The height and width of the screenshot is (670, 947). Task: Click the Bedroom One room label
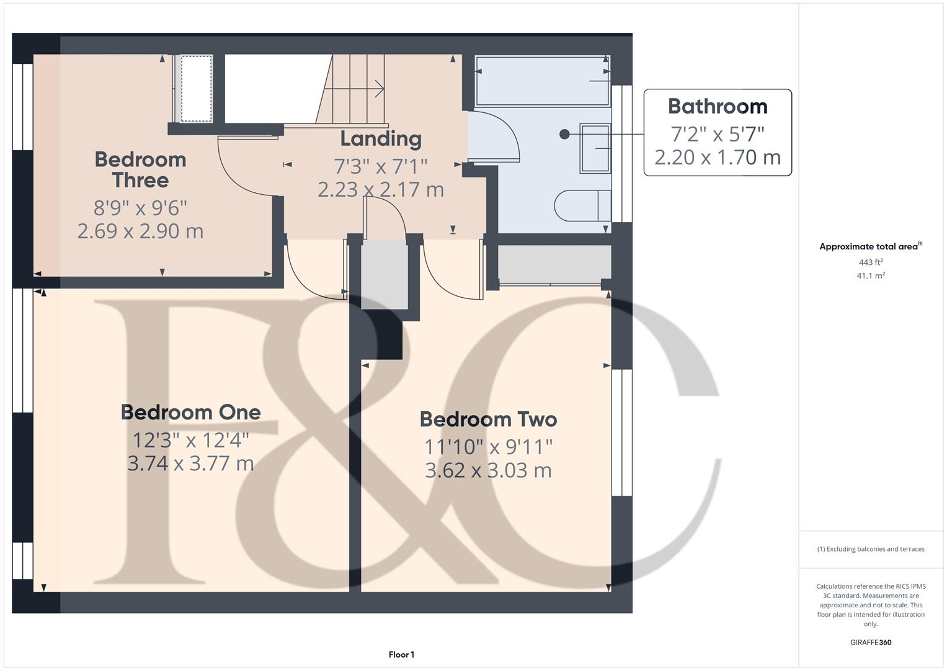(x=190, y=413)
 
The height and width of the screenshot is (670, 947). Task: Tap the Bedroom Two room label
(x=488, y=419)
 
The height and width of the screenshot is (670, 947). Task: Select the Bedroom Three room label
(x=140, y=169)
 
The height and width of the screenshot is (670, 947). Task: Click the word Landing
(x=381, y=139)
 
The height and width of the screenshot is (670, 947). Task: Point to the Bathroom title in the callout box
(x=718, y=107)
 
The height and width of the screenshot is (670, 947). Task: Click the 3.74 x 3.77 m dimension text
(x=190, y=463)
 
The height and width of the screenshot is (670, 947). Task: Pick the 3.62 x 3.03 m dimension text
(x=488, y=470)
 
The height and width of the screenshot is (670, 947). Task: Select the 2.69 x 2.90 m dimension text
(x=140, y=231)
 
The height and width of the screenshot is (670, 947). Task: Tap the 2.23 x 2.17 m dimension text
(x=381, y=189)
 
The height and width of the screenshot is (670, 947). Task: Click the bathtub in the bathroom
(x=542, y=81)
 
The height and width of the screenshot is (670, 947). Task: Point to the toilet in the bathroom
(x=582, y=206)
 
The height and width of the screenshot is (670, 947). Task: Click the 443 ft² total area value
(x=871, y=262)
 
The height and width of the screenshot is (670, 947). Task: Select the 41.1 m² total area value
(x=871, y=276)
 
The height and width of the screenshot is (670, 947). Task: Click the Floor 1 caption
(x=401, y=654)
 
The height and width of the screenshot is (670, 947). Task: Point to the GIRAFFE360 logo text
(x=871, y=642)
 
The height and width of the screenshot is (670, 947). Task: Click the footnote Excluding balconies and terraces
(x=871, y=549)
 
